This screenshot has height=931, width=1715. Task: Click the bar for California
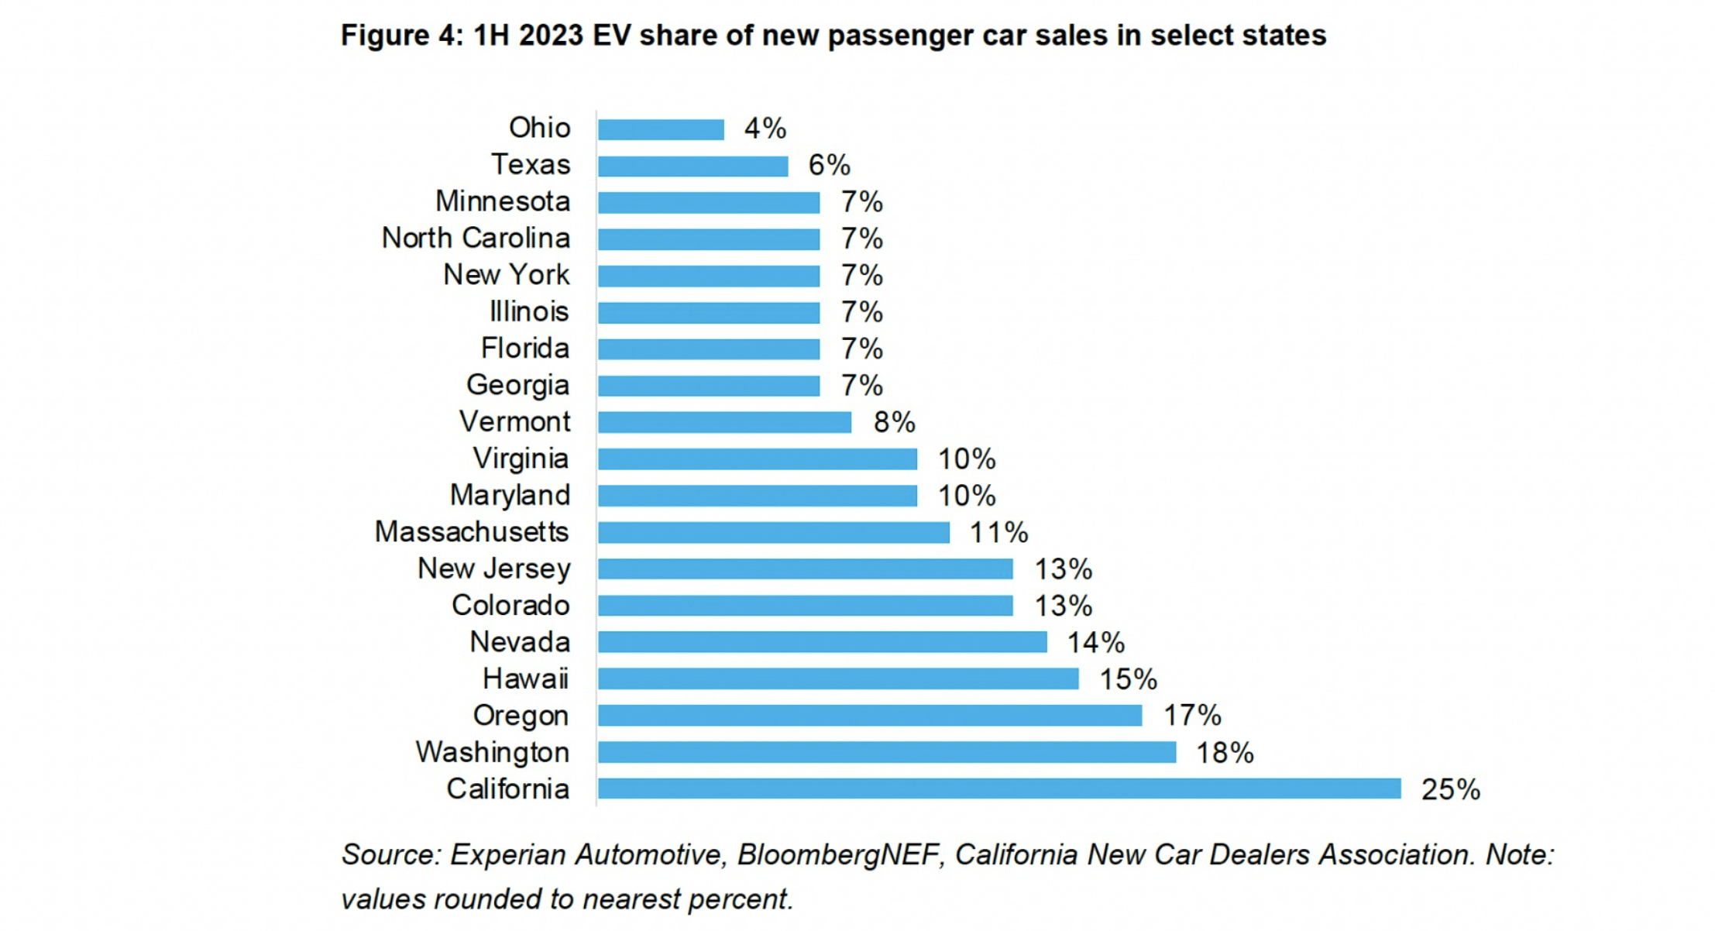pyautogui.click(x=999, y=788)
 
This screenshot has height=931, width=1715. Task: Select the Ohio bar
pyautogui.click(x=661, y=129)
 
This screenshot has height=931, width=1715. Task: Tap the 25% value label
pyautogui.click(x=1450, y=789)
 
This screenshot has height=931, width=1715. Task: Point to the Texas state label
pyautogui.click(x=531, y=165)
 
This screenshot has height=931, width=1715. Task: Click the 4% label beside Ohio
pyautogui.click(x=765, y=129)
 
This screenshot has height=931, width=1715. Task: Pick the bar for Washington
pyautogui.click(x=887, y=752)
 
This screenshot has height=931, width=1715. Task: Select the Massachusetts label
pyautogui.click(x=472, y=532)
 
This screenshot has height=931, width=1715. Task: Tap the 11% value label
pyautogui.click(x=998, y=533)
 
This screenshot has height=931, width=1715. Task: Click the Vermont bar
pyautogui.click(x=724, y=422)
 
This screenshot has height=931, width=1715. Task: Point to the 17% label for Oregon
pyautogui.click(x=1192, y=716)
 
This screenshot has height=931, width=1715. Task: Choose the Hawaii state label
pyautogui.click(x=525, y=679)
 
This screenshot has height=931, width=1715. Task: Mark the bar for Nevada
pyautogui.click(x=822, y=642)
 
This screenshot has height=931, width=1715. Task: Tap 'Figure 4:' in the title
pyautogui.click(x=401, y=36)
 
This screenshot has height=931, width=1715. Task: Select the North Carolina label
pyautogui.click(x=476, y=239)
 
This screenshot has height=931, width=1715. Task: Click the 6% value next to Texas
pyautogui.click(x=829, y=165)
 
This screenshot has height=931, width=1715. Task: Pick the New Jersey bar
pyautogui.click(x=805, y=569)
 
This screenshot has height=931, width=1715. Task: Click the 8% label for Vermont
pyautogui.click(x=894, y=422)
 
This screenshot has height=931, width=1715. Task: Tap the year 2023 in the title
pyautogui.click(x=550, y=36)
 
